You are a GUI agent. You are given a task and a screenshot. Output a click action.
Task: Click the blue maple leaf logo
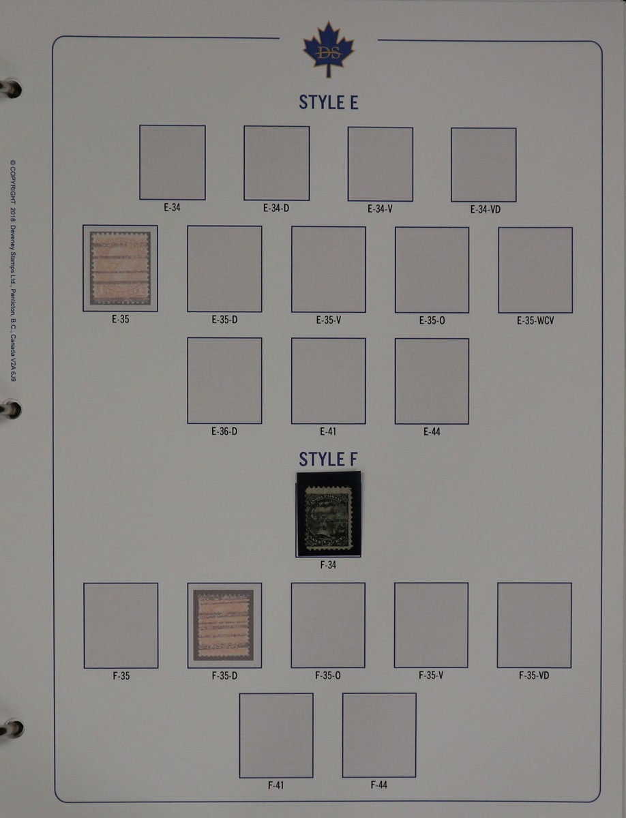(x=328, y=48)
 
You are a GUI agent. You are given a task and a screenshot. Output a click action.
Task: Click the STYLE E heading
(x=328, y=102)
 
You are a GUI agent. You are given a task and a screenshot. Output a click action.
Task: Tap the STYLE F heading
(x=328, y=459)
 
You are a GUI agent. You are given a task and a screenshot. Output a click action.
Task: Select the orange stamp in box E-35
(x=120, y=268)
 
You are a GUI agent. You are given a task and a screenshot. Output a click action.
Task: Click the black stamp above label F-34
(x=328, y=513)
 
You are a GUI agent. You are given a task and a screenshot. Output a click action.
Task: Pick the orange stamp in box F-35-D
(x=224, y=625)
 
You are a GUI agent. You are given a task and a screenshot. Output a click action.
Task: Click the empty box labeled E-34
(x=173, y=162)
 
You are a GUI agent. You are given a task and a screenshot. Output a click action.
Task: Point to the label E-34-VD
(x=485, y=209)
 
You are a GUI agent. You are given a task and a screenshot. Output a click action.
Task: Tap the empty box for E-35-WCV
(x=535, y=270)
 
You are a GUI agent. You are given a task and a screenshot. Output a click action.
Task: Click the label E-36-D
(x=224, y=431)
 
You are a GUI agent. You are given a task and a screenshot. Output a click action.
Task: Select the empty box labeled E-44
(x=432, y=381)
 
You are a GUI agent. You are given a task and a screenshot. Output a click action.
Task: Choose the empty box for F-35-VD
(x=535, y=625)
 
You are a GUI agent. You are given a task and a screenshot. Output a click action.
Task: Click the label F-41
(x=275, y=785)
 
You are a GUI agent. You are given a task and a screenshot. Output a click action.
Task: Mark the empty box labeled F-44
(x=379, y=735)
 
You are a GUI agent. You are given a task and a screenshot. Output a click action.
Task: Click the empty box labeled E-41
(x=328, y=381)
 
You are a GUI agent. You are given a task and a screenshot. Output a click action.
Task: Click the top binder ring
(x=12, y=89)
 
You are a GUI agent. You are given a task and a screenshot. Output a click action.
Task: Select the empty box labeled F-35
(x=121, y=625)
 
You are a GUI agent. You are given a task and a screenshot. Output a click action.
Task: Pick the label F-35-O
(x=327, y=676)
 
